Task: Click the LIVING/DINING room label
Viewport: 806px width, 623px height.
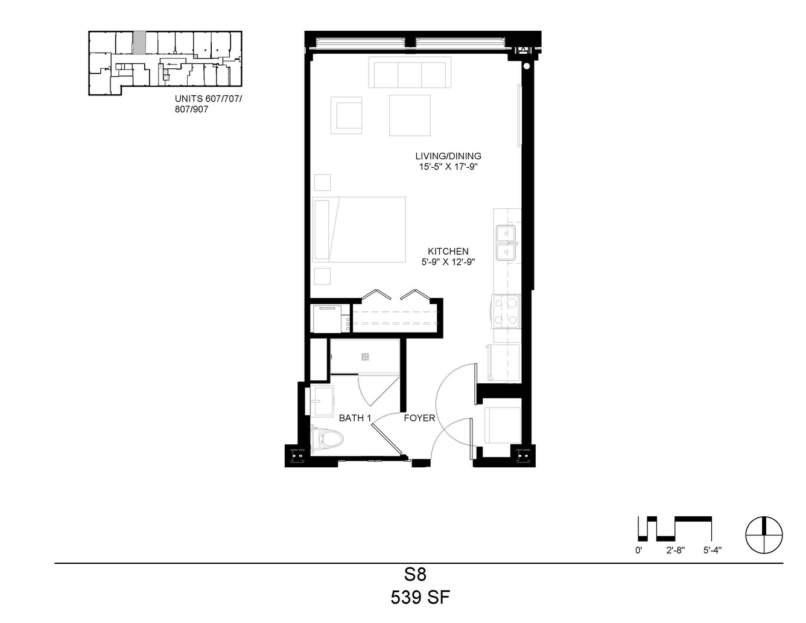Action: click(x=448, y=156)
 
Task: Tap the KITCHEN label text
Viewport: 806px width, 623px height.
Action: click(x=448, y=251)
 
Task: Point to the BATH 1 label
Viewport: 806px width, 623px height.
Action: click(x=355, y=418)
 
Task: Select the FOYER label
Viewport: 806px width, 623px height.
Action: click(x=419, y=418)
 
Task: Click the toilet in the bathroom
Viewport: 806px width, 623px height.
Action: click(x=328, y=439)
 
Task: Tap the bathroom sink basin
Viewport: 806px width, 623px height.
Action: click(x=322, y=401)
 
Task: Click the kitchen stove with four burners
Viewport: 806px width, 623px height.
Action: click(x=506, y=311)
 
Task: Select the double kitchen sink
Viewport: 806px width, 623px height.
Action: click(x=506, y=243)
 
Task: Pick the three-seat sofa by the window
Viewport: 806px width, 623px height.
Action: click(x=410, y=72)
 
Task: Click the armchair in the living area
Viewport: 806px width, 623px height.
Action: click(x=346, y=115)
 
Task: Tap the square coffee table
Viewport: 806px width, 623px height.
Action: click(x=410, y=115)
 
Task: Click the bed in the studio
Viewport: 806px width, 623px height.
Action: click(x=359, y=229)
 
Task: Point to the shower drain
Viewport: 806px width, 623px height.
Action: click(x=366, y=357)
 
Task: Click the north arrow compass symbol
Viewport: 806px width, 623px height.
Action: click(x=764, y=535)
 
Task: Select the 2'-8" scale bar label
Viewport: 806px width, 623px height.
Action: click(x=675, y=551)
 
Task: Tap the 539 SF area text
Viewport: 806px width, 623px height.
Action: click(x=420, y=598)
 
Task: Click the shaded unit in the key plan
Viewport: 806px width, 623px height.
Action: click(x=139, y=43)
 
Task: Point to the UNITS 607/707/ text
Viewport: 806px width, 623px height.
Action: click(x=209, y=98)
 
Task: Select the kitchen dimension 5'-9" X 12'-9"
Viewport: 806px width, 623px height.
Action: click(x=448, y=262)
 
